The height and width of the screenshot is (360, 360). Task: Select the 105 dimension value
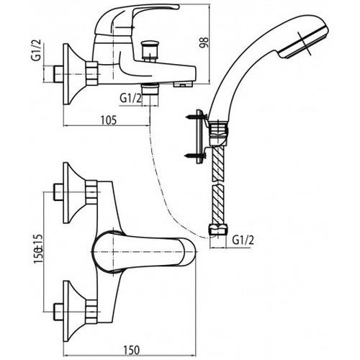pyautogui.click(x=108, y=120)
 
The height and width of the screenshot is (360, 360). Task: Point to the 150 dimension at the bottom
pyautogui.click(x=132, y=350)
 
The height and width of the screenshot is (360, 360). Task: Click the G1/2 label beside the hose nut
pyautogui.click(x=243, y=240)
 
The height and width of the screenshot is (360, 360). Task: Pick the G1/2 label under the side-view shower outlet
pyautogui.click(x=131, y=99)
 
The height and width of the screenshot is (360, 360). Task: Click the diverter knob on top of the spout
pyautogui.click(x=150, y=49)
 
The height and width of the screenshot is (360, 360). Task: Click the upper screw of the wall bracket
pyautogui.click(x=195, y=117)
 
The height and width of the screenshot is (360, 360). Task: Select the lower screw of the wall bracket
pyautogui.click(x=195, y=156)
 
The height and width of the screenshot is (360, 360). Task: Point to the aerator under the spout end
pyautogui.click(x=183, y=84)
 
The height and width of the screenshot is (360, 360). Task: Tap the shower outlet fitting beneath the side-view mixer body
pyautogui.click(x=150, y=89)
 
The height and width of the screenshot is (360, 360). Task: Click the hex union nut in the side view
pyautogui.click(x=92, y=73)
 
